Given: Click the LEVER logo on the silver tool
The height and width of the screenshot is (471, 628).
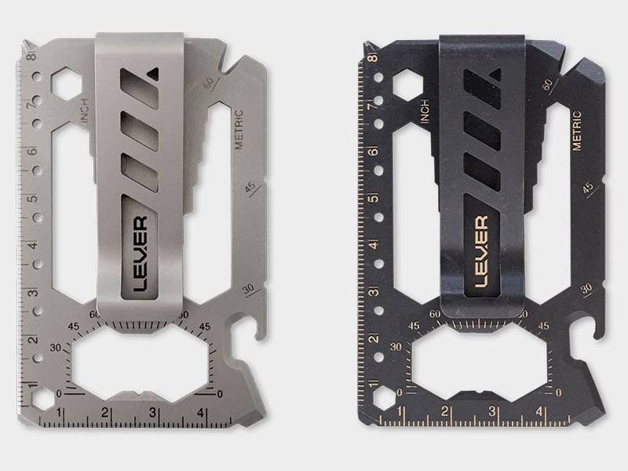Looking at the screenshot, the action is (141, 254).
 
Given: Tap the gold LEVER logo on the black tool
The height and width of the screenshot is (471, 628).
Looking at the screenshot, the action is (482, 252).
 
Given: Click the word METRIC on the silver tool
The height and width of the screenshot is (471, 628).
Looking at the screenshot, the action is (239, 129).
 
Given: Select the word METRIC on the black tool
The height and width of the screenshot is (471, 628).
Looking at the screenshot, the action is (577, 130).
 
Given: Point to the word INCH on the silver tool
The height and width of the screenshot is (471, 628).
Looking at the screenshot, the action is (85, 111).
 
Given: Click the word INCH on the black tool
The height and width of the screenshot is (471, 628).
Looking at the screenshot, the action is (425, 111).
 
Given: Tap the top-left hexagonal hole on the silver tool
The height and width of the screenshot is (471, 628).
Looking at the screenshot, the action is (67, 84).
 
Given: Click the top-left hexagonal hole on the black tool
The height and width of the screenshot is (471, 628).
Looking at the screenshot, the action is (407, 85).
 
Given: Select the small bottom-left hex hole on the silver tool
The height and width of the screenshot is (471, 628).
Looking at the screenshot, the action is (43, 400).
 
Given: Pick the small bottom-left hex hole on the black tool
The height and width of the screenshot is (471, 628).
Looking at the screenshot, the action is (384, 399).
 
